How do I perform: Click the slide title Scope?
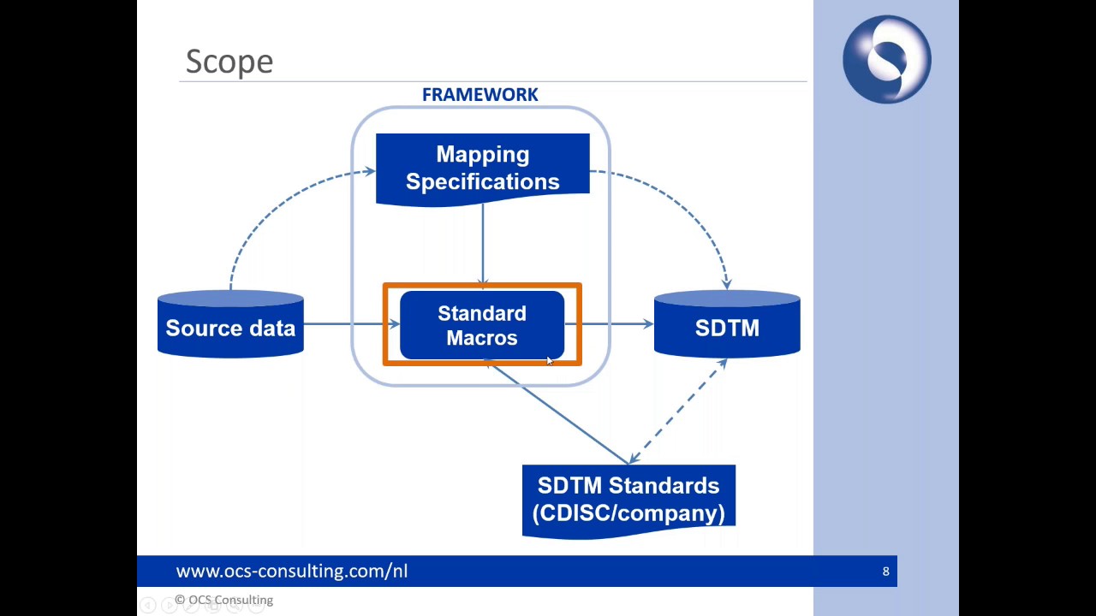[x=229, y=62]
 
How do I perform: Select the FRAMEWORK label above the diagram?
[x=479, y=95]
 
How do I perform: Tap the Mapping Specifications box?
[x=482, y=169]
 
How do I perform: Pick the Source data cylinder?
[x=230, y=325]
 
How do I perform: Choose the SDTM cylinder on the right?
[x=727, y=325]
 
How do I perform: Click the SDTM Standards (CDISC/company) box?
[x=628, y=500]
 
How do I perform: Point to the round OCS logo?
[x=886, y=60]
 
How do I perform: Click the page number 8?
[x=885, y=572]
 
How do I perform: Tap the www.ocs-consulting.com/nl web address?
[x=291, y=572]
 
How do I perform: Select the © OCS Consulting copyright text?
[x=224, y=601]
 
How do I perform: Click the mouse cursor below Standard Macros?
[x=549, y=361]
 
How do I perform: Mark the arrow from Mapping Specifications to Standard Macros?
[x=483, y=244]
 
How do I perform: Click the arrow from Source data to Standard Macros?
[x=347, y=323]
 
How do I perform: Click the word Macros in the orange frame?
[x=482, y=339]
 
